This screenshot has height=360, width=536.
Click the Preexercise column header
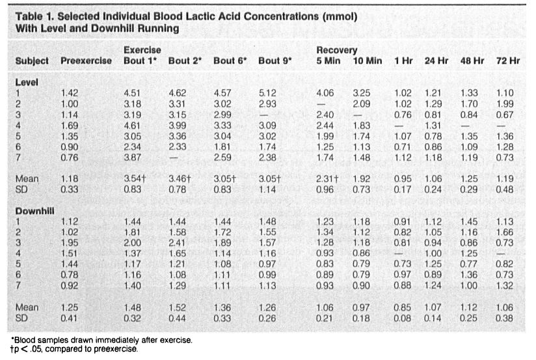point(86,61)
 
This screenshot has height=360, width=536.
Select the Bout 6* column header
point(230,61)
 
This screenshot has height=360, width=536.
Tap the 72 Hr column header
point(508,61)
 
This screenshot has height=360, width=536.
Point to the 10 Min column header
point(368,61)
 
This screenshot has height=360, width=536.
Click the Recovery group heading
point(337,50)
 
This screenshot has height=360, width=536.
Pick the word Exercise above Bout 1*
point(142,50)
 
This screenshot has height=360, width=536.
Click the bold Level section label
point(27,83)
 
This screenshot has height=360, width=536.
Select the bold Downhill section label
point(35,211)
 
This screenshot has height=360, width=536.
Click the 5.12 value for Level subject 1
point(267,93)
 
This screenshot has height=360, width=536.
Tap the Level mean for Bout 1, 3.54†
point(135,178)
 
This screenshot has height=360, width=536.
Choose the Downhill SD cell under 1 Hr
point(403,318)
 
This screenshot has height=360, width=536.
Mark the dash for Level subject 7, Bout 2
point(173,158)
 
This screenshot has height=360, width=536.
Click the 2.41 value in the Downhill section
point(177,243)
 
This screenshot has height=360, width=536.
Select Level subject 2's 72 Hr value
point(505,104)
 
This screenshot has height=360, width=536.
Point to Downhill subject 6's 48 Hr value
point(468,275)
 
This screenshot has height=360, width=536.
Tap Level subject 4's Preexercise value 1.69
point(70,126)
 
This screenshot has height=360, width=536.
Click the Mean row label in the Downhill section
point(27,307)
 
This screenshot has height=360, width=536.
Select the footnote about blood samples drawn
point(102,340)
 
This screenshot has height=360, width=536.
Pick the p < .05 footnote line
point(74,349)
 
